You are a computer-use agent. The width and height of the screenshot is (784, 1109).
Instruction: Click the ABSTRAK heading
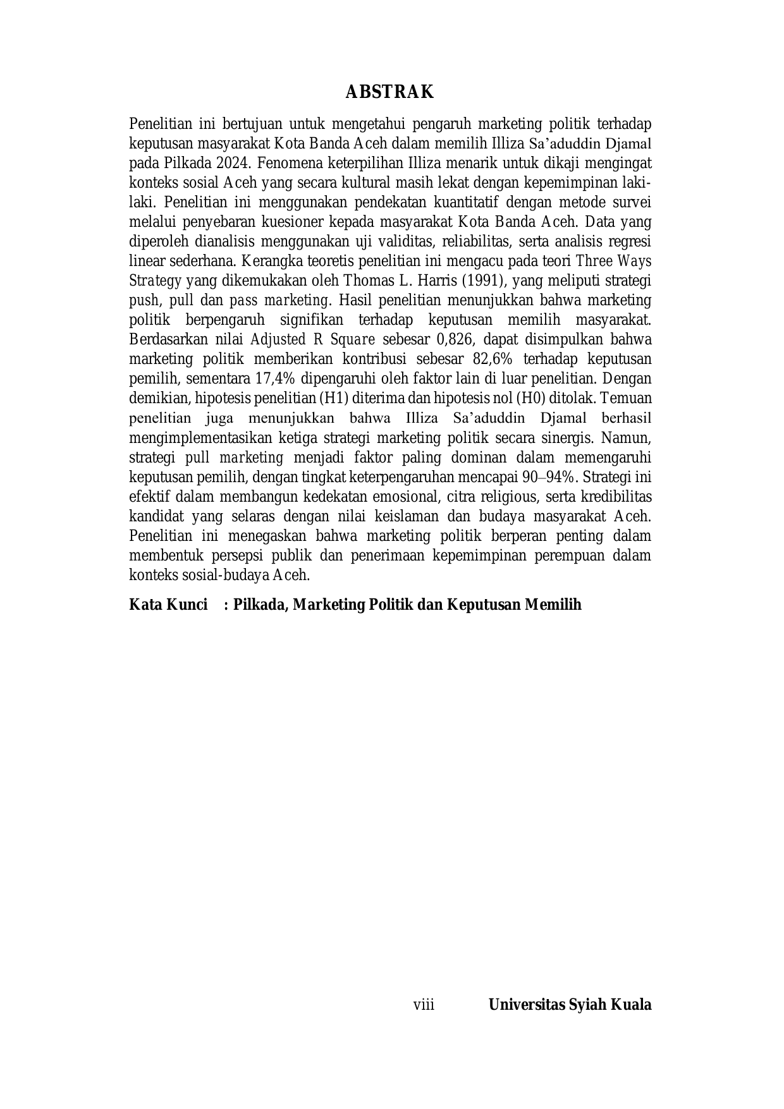[x=389, y=92]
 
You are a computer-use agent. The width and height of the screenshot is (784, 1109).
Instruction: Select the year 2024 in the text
[x=234, y=163]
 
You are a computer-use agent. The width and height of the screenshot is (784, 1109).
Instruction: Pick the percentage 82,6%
[x=493, y=359]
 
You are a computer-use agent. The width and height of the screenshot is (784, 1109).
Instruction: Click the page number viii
[x=424, y=1005]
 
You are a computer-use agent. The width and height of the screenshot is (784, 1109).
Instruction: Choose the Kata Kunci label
[x=168, y=605]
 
